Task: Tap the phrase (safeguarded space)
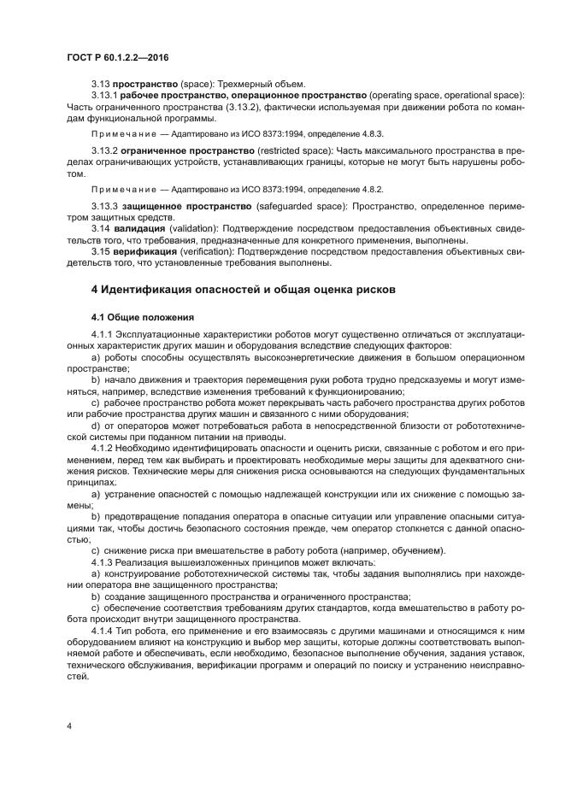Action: (x=303, y=207)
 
